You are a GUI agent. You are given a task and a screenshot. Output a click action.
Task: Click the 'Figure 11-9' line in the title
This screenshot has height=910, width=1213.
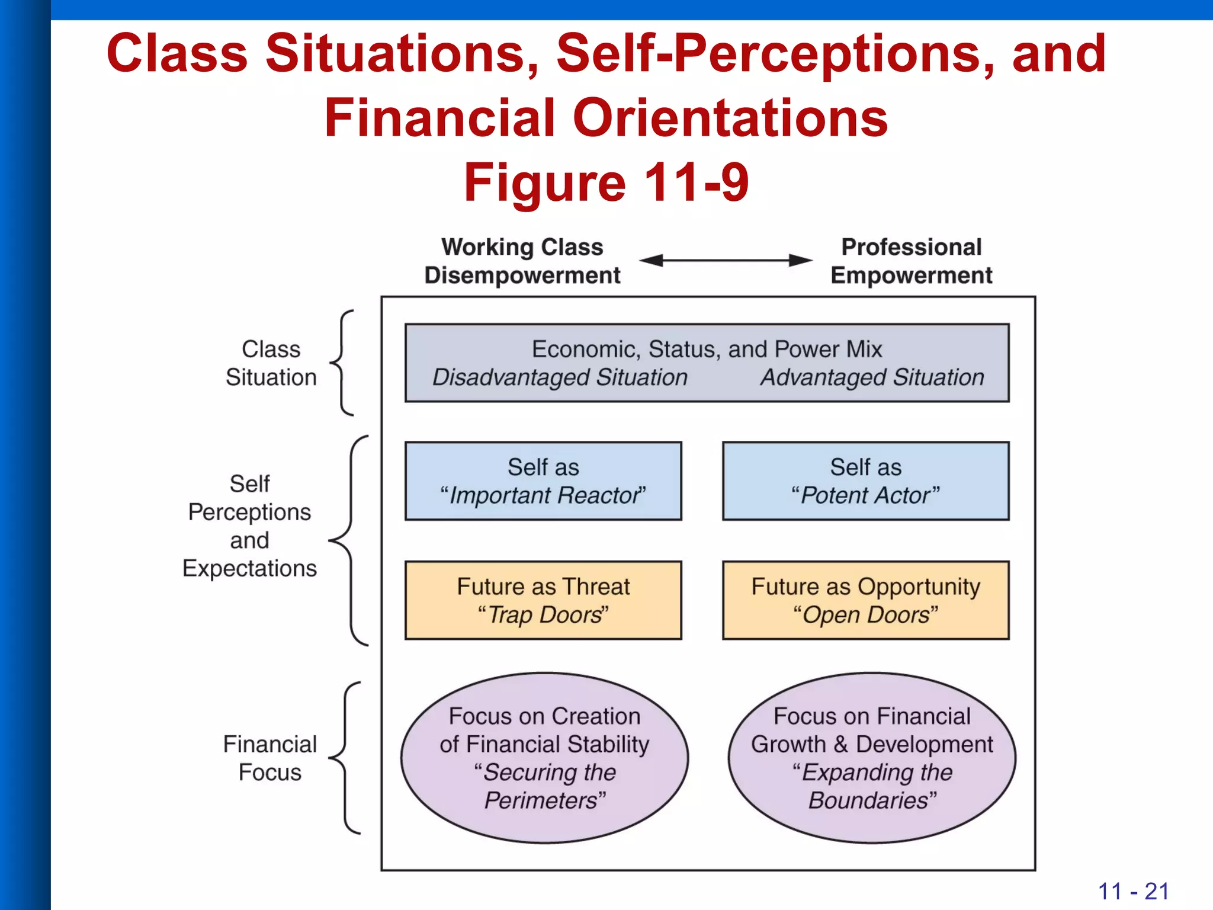[x=606, y=182]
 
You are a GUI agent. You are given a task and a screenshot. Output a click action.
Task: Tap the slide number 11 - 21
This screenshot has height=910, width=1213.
[x=1133, y=891]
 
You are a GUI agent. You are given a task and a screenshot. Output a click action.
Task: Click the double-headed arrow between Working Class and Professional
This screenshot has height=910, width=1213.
[x=726, y=260]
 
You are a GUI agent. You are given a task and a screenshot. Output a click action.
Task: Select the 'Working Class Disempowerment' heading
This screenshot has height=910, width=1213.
[x=522, y=261]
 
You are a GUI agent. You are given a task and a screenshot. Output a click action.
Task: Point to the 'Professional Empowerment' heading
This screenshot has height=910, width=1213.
[x=911, y=261]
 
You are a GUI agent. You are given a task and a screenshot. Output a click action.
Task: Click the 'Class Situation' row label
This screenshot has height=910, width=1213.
[x=271, y=363]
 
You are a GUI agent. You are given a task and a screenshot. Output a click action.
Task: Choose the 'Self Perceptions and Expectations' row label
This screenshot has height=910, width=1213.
[x=249, y=526]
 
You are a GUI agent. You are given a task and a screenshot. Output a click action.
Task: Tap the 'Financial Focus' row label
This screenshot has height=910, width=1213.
[x=270, y=758]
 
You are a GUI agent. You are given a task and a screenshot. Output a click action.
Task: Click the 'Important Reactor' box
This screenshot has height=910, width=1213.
[x=543, y=481]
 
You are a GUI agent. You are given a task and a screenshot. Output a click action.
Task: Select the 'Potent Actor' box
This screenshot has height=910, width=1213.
[x=865, y=481]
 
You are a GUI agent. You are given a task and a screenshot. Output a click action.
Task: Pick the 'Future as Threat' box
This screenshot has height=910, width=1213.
[x=543, y=600]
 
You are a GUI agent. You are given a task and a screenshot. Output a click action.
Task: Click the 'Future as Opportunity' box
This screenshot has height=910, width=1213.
[x=865, y=600]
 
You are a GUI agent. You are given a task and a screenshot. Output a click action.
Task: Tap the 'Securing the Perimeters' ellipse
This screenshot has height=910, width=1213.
[x=544, y=758]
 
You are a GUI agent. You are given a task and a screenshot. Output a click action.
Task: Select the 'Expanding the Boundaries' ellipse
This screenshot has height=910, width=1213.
[x=872, y=758]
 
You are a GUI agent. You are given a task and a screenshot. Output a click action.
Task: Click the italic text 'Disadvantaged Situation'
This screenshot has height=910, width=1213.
[x=560, y=377]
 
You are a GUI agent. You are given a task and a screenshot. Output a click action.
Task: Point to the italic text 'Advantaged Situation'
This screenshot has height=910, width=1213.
[x=872, y=377]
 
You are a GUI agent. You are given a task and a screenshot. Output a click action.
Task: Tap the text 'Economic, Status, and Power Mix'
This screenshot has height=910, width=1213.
[x=707, y=349]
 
